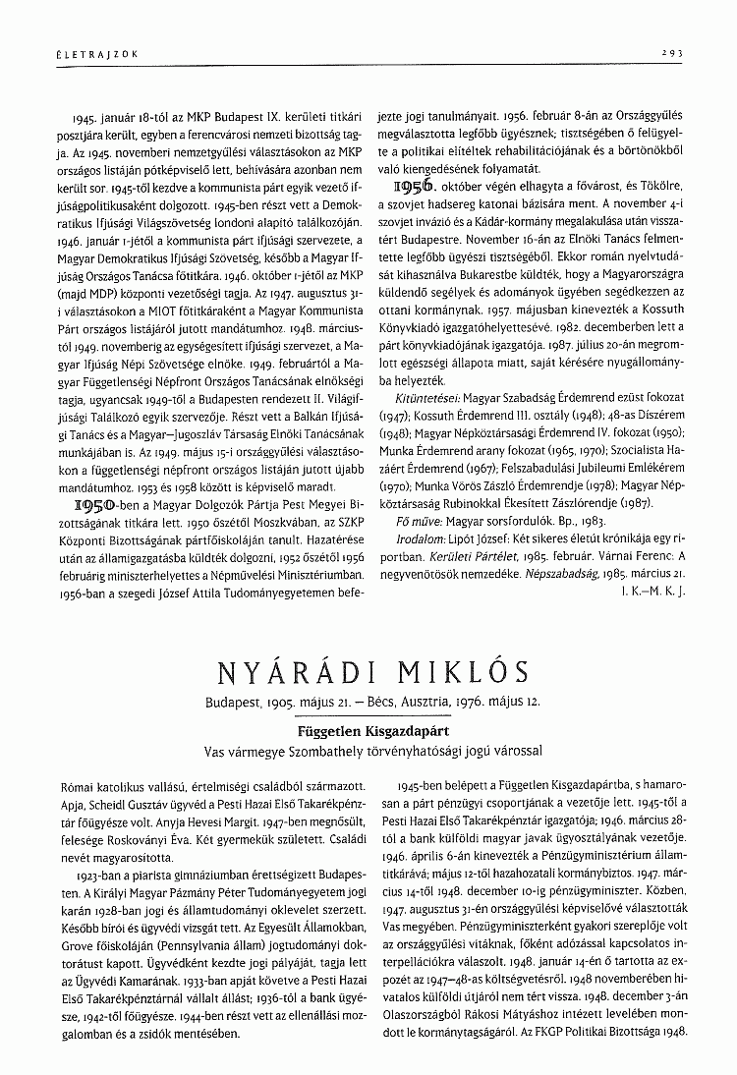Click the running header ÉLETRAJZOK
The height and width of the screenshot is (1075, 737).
pos(83,55)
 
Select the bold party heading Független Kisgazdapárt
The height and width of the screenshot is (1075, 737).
pos(368,731)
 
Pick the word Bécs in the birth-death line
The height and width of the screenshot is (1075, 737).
pos(385,705)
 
